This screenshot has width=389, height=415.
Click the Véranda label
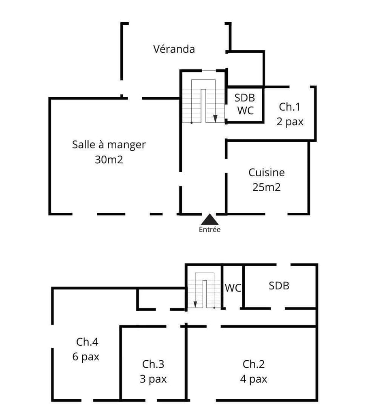click(x=174, y=49)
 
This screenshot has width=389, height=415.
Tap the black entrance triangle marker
click(x=210, y=220)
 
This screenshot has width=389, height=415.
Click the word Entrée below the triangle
click(x=209, y=230)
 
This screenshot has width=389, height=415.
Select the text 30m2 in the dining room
click(x=109, y=160)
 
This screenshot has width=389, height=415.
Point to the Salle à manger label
click(x=109, y=144)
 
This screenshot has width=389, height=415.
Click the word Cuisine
click(x=266, y=173)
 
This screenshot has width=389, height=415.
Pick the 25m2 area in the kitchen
click(x=266, y=187)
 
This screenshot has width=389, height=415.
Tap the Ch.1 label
click(x=290, y=107)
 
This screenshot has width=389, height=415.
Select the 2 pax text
click(x=290, y=122)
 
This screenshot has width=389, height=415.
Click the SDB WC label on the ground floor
click(x=245, y=104)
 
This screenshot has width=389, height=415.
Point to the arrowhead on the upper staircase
click(x=216, y=118)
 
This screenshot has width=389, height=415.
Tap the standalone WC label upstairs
click(x=233, y=288)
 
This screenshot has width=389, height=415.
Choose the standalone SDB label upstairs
click(x=279, y=286)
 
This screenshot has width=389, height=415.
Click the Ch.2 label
click(x=254, y=364)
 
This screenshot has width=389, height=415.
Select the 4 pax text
click(x=254, y=379)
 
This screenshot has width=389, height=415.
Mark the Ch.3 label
click(x=153, y=364)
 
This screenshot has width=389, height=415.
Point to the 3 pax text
click(x=153, y=379)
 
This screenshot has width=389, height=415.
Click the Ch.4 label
click(x=87, y=342)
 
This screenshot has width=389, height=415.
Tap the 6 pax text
click(x=86, y=357)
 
